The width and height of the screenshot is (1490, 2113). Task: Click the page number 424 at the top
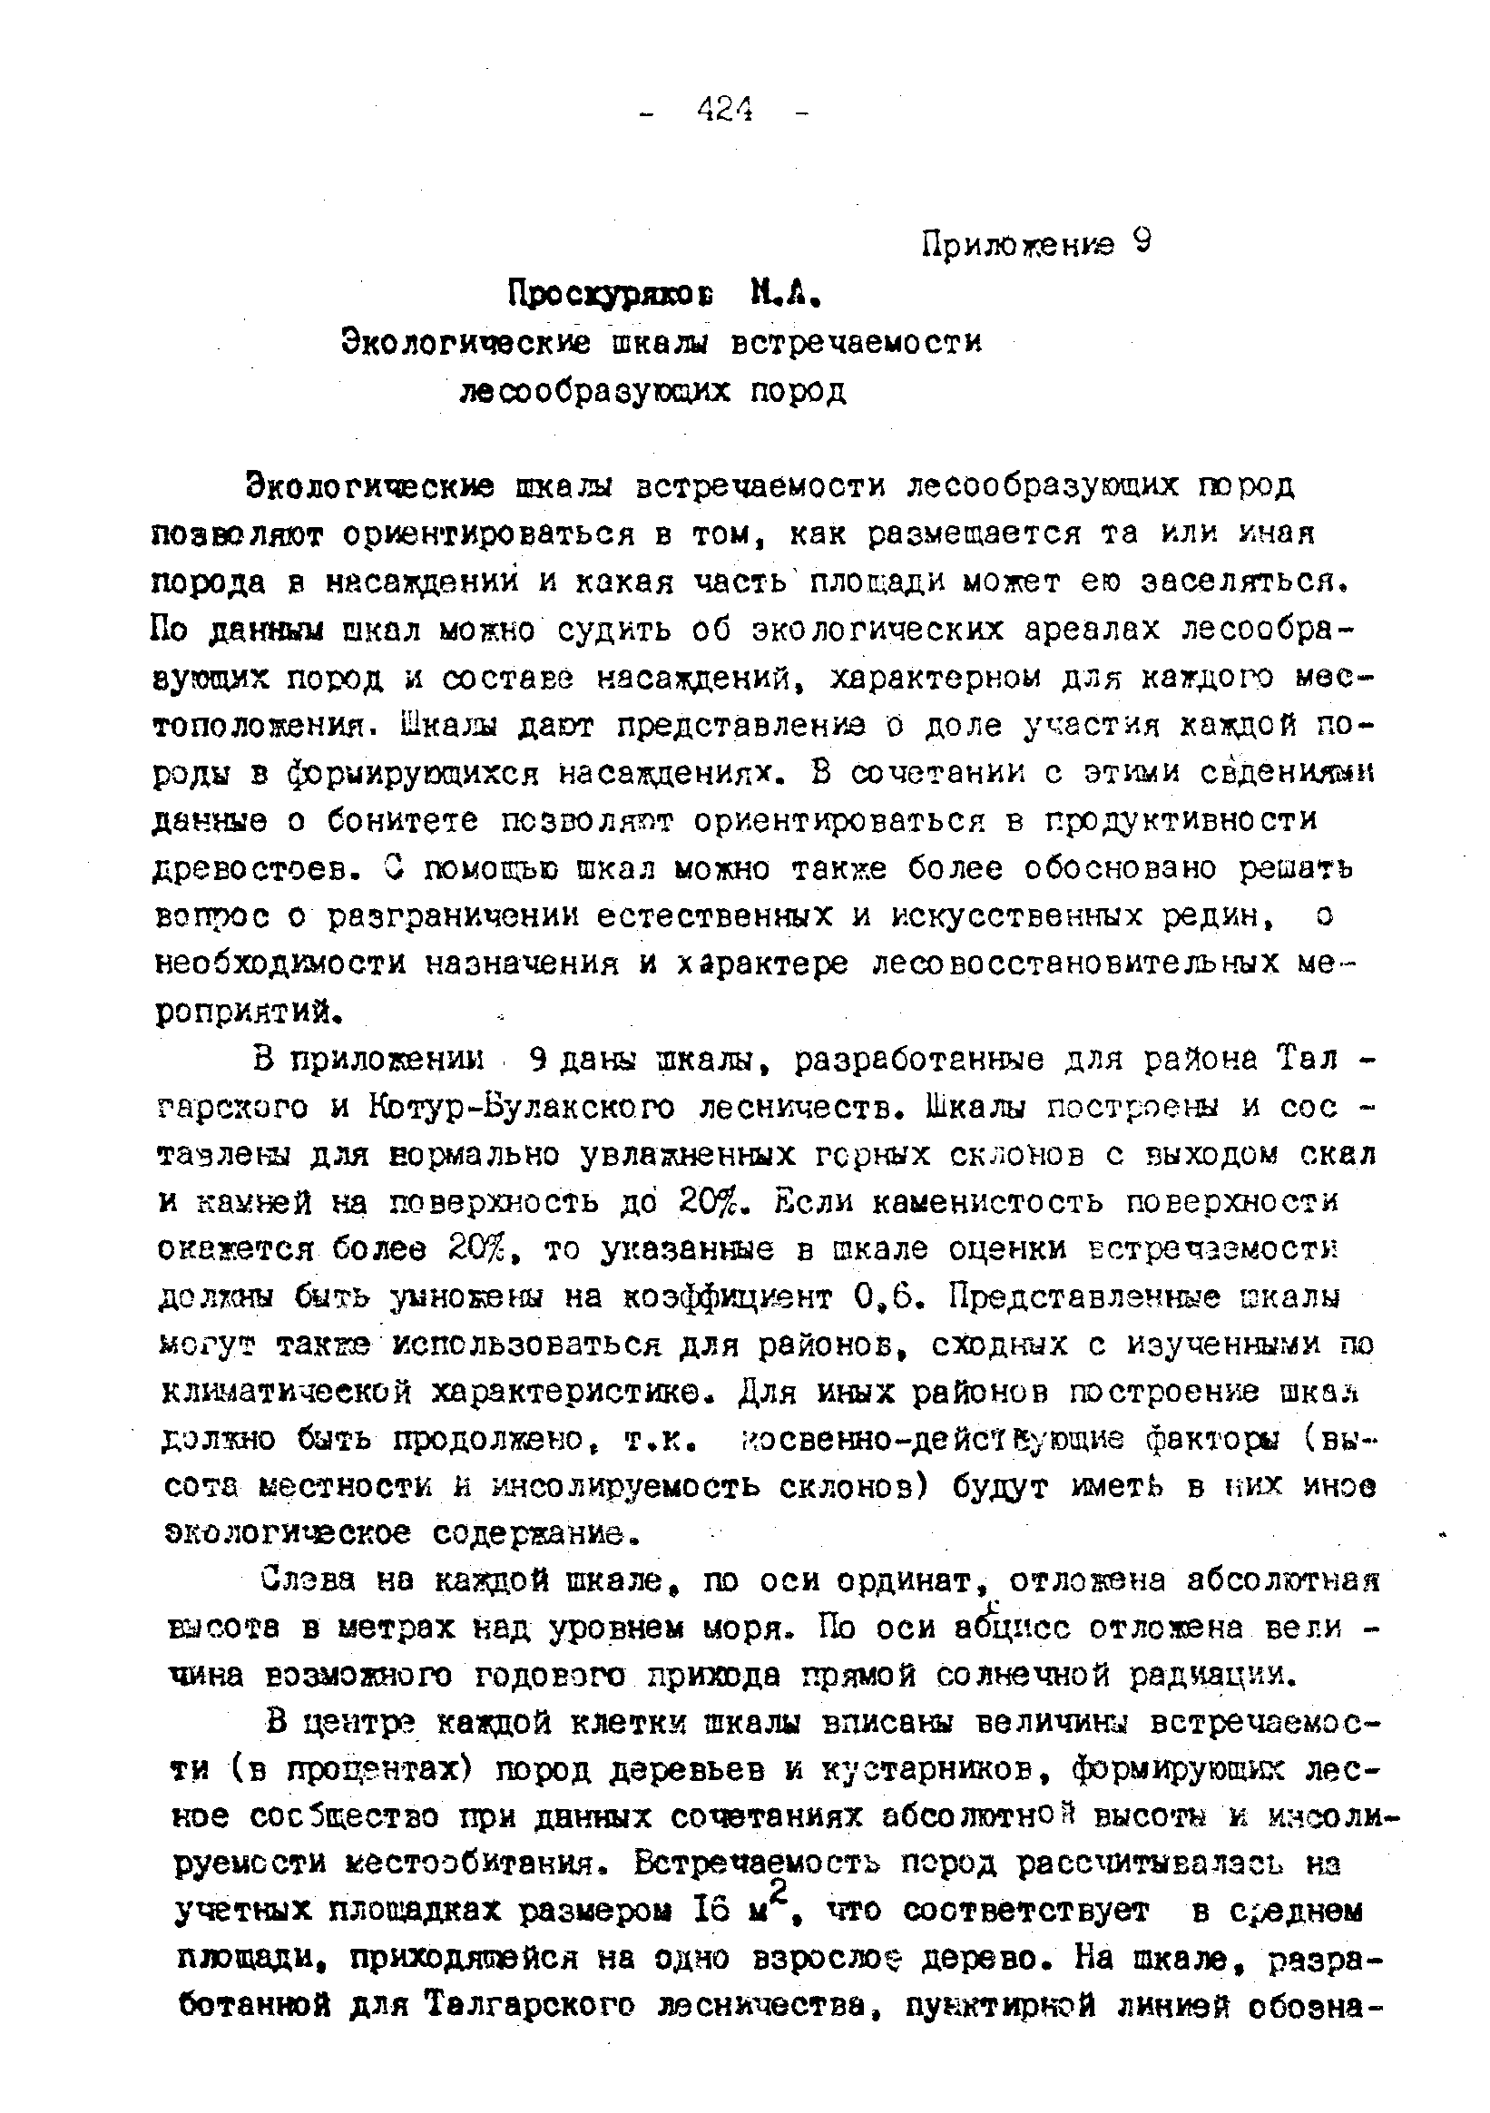tap(724, 112)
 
